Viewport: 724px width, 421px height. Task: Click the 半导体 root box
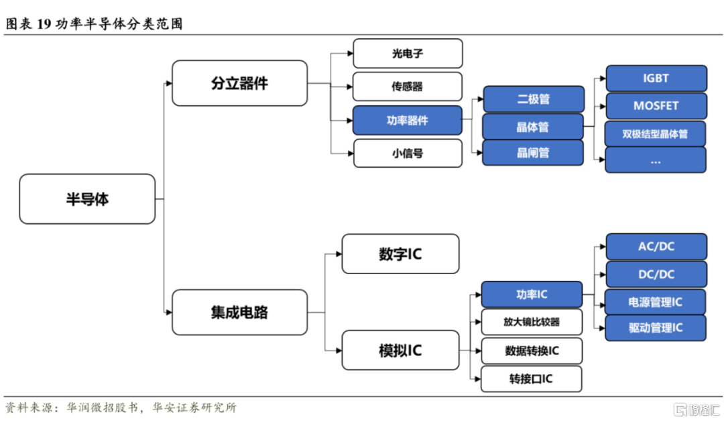pos(87,199)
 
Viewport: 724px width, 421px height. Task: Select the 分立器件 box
pos(239,83)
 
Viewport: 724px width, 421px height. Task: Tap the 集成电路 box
pos(239,312)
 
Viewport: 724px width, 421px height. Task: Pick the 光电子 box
pos(408,54)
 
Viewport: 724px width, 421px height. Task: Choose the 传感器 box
pos(408,86)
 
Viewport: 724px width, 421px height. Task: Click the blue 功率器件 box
pos(408,121)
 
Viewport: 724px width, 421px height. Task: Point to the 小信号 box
pos(408,154)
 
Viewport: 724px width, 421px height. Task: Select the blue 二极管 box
pos(534,99)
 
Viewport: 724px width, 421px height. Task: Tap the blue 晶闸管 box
pos(533,152)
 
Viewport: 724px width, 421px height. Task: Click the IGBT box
pos(656,78)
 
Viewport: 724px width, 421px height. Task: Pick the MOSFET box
pos(656,106)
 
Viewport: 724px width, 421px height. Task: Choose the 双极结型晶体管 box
pos(655,134)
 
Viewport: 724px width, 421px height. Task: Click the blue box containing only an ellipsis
pos(656,160)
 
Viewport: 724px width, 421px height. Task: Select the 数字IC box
pos(400,254)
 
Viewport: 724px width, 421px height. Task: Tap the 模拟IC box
pos(400,350)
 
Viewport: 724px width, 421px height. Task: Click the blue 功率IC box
pos(532,294)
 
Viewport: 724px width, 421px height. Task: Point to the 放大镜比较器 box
pos(532,322)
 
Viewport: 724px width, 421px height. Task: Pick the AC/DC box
pos(656,247)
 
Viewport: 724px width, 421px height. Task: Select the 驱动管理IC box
pos(656,328)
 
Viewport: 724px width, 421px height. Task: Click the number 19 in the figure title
pos(44,23)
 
